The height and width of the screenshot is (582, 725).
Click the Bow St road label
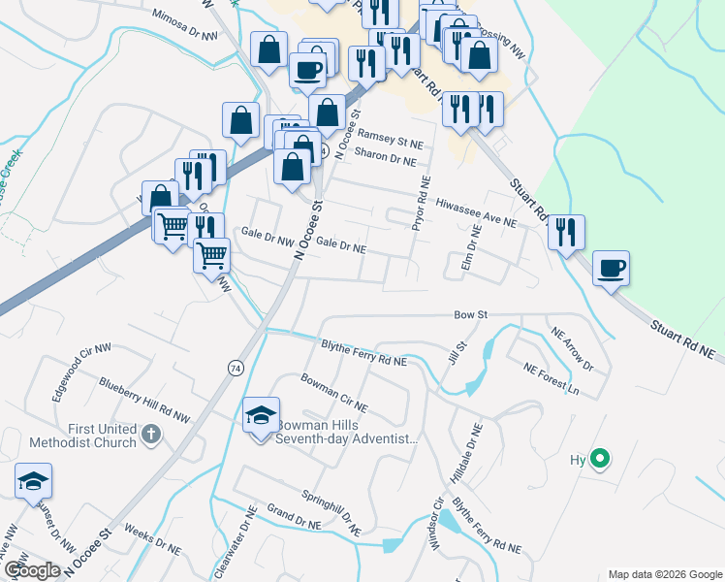(470, 315)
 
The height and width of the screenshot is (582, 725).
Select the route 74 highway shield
(236, 368)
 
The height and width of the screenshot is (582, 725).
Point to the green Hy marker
(600, 459)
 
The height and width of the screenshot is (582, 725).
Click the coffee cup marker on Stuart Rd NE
(611, 268)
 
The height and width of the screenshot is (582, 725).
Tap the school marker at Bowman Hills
(261, 416)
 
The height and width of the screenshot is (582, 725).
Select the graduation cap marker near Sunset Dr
(33, 481)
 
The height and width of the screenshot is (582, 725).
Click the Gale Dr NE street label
(340, 248)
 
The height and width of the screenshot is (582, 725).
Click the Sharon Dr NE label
(385, 154)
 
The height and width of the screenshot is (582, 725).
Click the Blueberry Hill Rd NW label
(144, 400)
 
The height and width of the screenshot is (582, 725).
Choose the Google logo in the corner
(32, 570)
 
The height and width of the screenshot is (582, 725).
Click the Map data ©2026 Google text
(664, 574)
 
